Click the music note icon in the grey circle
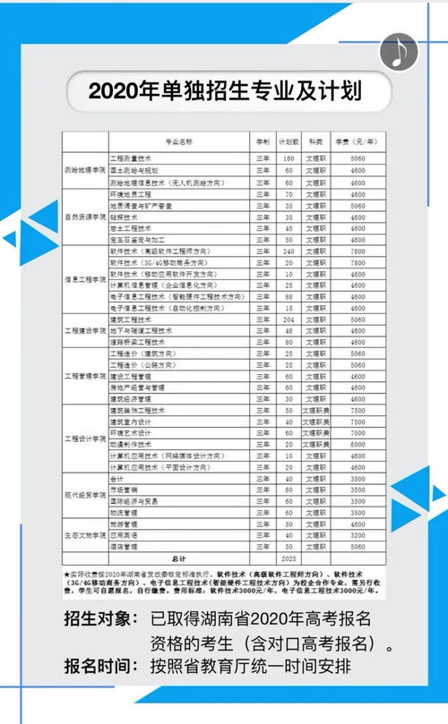[x=399, y=53]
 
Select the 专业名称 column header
[x=179, y=141]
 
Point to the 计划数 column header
[x=289, y=141]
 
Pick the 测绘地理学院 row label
[x=84, y=170]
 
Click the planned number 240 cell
[x=289, y=252]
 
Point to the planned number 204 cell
[x=289, y=319]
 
